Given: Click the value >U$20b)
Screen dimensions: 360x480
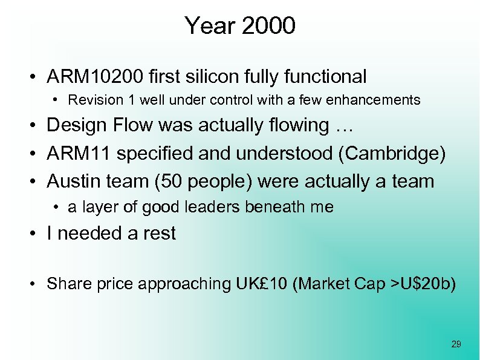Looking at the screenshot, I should click(427, 283).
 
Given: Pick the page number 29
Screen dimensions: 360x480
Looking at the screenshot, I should click(456, 344).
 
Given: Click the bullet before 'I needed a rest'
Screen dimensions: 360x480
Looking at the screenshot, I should click(37, 234).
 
